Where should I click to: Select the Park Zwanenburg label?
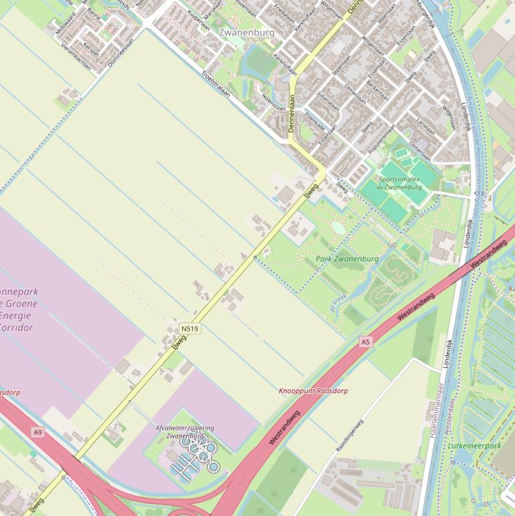click(x=347, y=259)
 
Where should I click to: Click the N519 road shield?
click(x=190, y=328)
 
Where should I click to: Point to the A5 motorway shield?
click(x=365, y=342)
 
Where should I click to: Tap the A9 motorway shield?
click(x=38, y=432)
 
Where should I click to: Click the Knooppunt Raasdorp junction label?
click(x=313, y=391)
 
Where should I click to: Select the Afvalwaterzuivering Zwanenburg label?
click(x=185, y=432)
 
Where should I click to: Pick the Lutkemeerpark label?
click(x=475, y=446)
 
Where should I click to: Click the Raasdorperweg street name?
click(x=349, y=435)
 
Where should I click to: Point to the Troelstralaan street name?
click(x=215, y=84)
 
